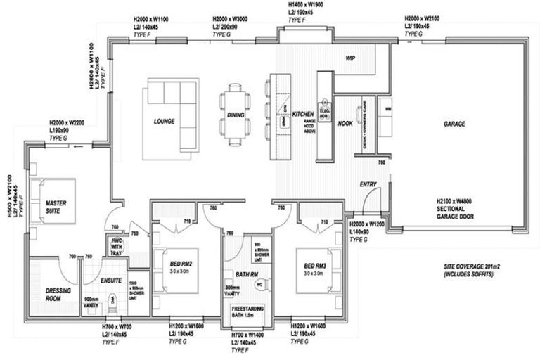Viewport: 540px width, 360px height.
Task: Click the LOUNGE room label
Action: (164, 122)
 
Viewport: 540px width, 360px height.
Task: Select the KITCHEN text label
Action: (302, 114)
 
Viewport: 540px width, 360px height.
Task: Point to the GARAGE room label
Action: (454, 124)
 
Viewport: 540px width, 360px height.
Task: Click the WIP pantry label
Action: (349, 59)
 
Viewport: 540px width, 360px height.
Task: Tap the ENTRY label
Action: (368, 185)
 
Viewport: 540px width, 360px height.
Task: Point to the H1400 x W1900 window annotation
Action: (304, 9)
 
